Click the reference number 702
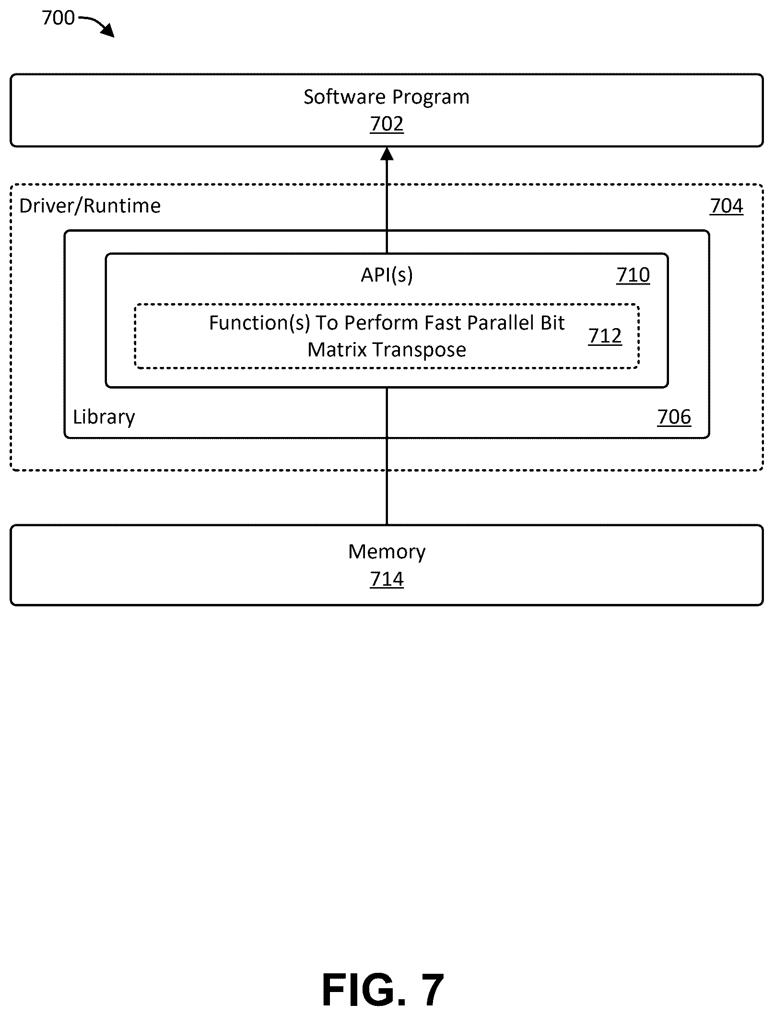tap(387, 124)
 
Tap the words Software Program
tap(387, 97)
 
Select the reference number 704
tap(727, 206)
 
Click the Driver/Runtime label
tap(90, 206)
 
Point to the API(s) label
tap(387, 275)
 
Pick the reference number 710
tap(633, 275)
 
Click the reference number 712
tap(605, 336)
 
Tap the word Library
tap(104, 416)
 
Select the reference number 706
tap(674, 417)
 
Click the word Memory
tap(387, 552)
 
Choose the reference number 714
tap(387, 579)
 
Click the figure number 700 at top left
tap(59, 18)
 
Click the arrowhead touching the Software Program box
tap(387, 154)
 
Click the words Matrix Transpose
tap(387, 350)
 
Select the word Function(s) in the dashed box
tap(259, 323)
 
